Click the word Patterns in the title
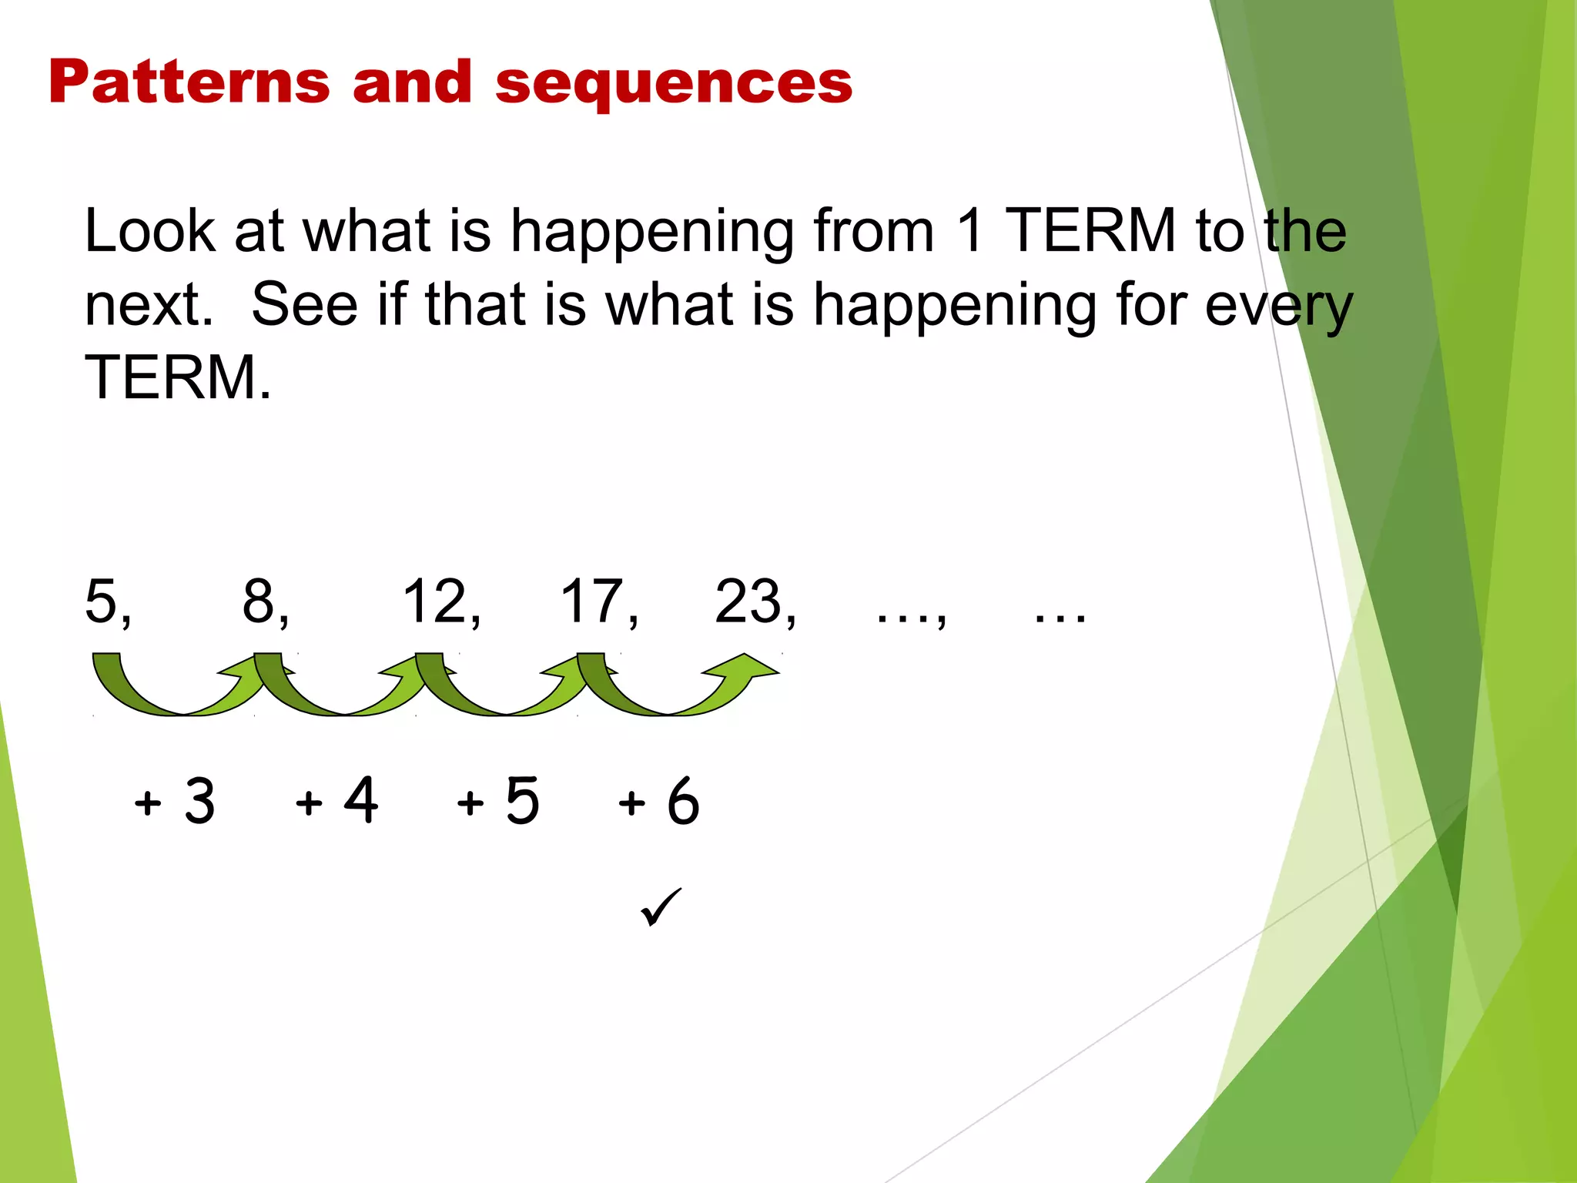(x=189, y=82)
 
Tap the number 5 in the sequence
(x=102, y=602)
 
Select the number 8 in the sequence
(x=259, y=602)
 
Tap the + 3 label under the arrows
(x=175, y=802)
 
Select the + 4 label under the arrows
(x=336, y=802)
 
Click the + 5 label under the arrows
(x=498, y=802)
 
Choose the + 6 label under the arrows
(x=659, y=802)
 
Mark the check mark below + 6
(x=660, y=907)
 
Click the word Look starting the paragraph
(x=150, y=231)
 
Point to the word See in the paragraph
(x=304, y=305)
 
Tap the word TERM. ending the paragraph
(x=178, y=377)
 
